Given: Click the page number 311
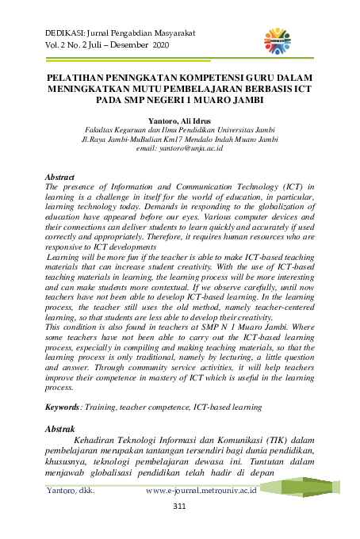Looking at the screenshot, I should pyautogui.click(x=179, y=507).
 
